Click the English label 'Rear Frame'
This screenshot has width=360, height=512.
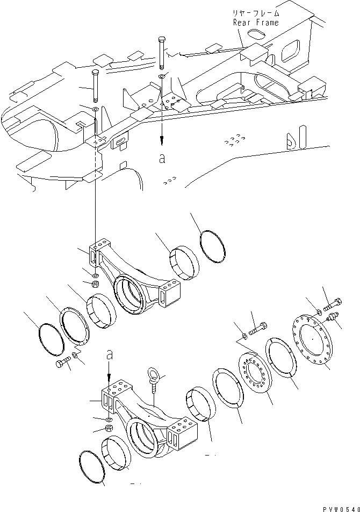tap(256, 23)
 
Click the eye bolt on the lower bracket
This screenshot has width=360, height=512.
tap(152, 382)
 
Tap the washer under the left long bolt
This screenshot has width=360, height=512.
tap(95, 110)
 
